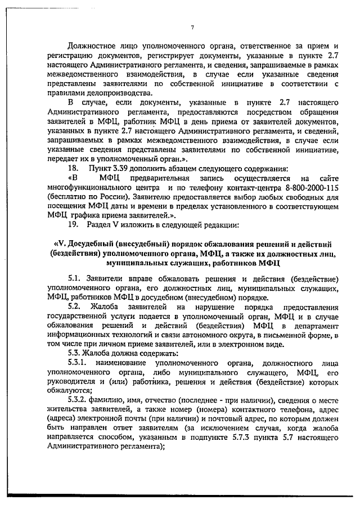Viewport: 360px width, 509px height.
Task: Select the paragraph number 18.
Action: point(73,168)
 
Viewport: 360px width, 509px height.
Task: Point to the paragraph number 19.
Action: point(73,225)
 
